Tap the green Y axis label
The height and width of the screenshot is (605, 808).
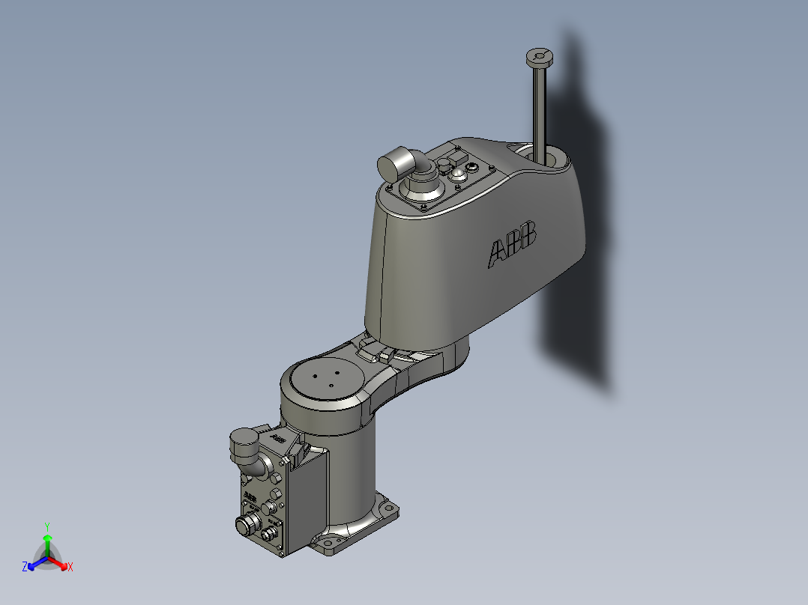pos(46,526)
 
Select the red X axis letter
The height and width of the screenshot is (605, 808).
pos(70,568)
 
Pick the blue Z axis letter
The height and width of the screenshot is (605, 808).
pos(25,568)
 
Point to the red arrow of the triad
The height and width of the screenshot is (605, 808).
pos(60,562)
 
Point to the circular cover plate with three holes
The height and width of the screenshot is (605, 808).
pos(327,377)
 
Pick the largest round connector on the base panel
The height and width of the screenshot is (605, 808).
pos(245,524)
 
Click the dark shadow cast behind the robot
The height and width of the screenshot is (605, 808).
pos(577,300)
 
